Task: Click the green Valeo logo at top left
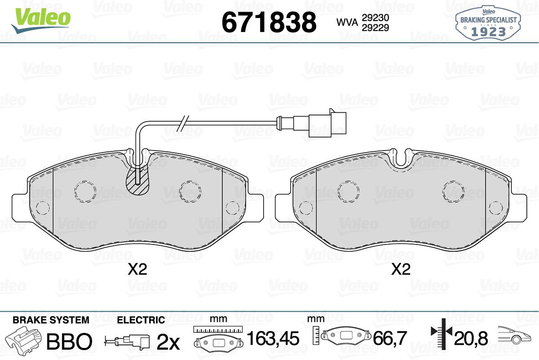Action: click(x=41, y=21)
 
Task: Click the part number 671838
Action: click(x=269, y=22)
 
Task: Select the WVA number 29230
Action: click(x=376, y=18)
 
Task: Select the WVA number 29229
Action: click(x=376, y=28)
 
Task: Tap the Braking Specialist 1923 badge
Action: click(x=488, y=23)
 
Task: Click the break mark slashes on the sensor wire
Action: click(x=183, y=124)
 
